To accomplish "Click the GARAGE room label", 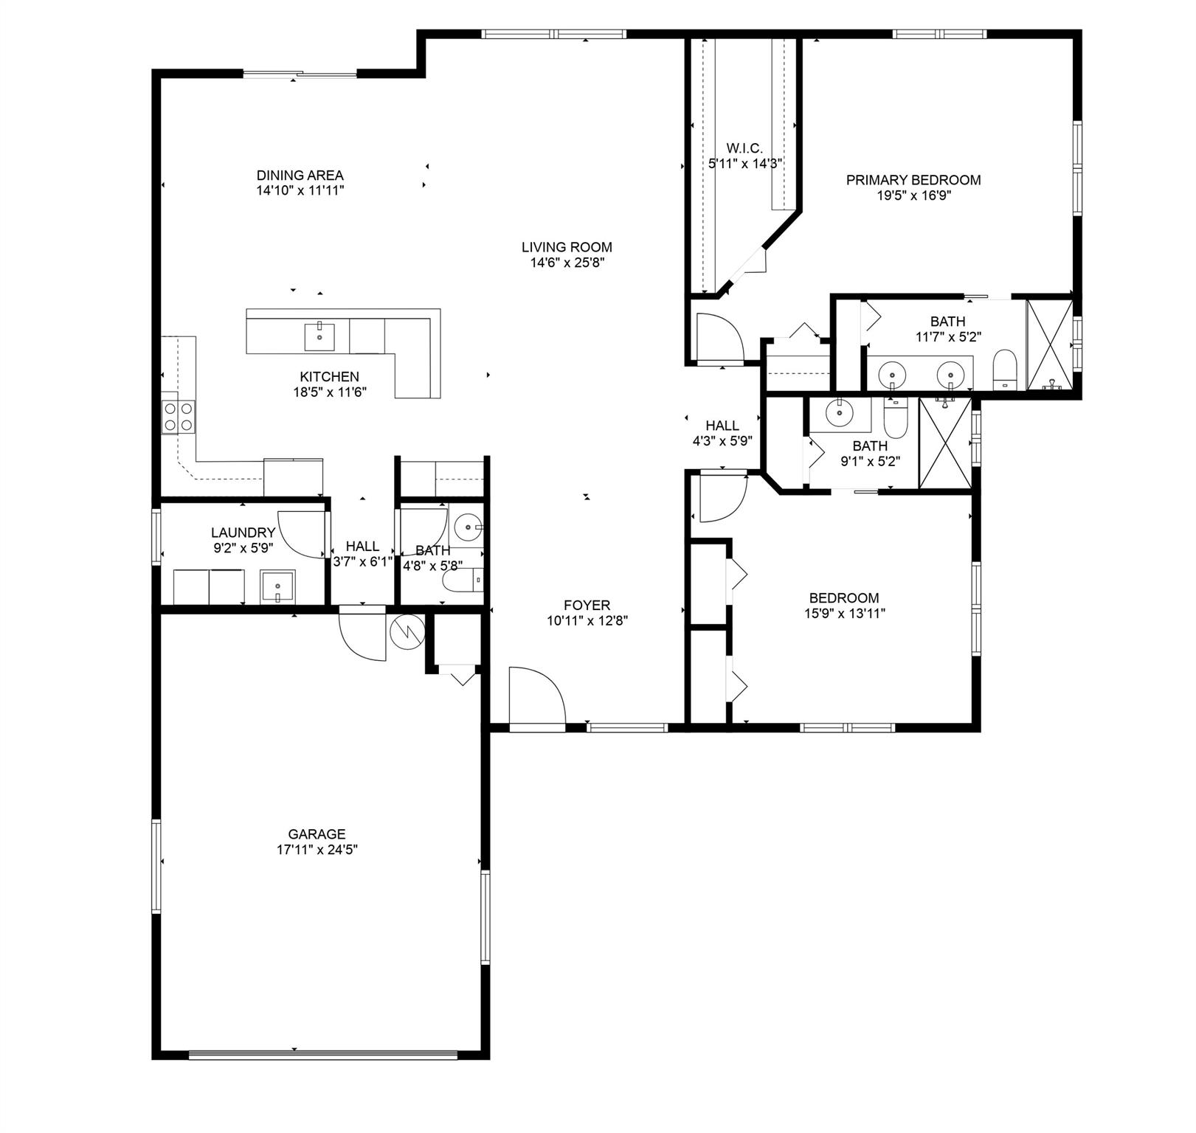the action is click(317, 834).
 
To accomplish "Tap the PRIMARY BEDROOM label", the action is click(913, 180).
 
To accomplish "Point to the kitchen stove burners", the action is click(179, 416).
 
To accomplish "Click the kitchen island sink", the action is click(319, 336).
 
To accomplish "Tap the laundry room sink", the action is click(277, 586).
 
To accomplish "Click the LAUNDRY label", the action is click(243, 533).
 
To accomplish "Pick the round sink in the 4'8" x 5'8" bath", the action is click(468, 527).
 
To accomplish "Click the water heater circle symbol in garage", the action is click(407, 631).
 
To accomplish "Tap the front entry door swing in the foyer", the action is click(537, 697).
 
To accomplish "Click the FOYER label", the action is click(587, 606).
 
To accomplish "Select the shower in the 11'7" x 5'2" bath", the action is click(1049, 344).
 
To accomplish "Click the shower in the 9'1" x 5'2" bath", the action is click(946, 443).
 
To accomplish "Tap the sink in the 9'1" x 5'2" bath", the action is click(840, 413).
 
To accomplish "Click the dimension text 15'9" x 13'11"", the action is click(844, 613).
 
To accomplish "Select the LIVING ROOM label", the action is click(567, 247).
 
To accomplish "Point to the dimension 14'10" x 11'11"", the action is click(300, 190).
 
